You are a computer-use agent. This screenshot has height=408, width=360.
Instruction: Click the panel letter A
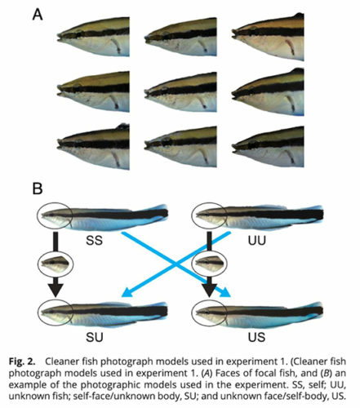(38, 14)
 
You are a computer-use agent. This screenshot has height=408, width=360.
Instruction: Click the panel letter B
(38, 188)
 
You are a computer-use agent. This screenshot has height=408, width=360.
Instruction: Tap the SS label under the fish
(94, 241)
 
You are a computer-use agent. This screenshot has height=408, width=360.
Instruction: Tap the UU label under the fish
(256, 241)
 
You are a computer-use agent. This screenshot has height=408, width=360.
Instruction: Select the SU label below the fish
(95, 337)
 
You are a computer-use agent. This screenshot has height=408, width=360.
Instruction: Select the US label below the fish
(256, 337)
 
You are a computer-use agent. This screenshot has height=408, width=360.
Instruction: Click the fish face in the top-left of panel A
(93, 37)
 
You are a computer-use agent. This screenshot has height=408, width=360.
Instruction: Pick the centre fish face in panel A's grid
(180, 92)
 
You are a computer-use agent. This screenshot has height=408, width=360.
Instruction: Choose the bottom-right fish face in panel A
(268, 147)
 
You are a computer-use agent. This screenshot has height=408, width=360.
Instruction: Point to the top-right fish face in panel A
(268, 37)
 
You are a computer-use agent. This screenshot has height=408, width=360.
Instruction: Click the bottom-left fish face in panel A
(93, 146)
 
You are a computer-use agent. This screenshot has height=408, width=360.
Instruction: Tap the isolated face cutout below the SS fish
(56, 264)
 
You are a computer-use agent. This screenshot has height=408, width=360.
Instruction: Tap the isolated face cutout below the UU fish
(210, 264)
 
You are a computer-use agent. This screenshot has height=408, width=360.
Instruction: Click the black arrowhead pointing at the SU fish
(56, 290)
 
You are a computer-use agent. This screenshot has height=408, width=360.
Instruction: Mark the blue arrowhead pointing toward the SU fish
(128, 292)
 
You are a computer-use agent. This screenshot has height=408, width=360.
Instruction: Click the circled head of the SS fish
(55, 215)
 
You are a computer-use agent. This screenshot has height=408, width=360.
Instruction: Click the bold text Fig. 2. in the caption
(22, 361)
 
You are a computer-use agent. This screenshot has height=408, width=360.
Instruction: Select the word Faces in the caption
(227, 373)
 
